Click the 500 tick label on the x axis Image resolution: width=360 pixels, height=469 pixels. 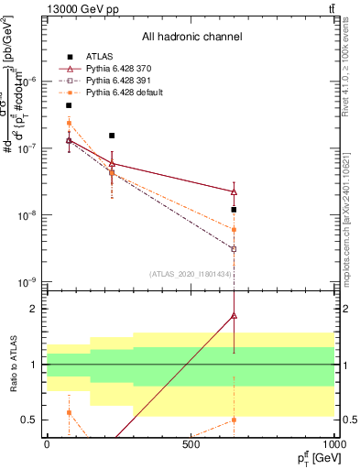click(191, 444)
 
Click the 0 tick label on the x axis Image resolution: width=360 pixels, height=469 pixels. click(47, 444)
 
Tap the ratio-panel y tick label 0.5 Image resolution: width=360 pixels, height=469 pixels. click(29, 420)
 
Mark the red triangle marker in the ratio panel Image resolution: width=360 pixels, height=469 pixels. click(235, 315)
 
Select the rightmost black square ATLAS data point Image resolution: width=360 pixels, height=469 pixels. click(235, 210)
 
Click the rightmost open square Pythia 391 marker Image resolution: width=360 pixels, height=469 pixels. click(235, 248)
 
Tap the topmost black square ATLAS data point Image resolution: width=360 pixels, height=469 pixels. click(69, 105)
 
